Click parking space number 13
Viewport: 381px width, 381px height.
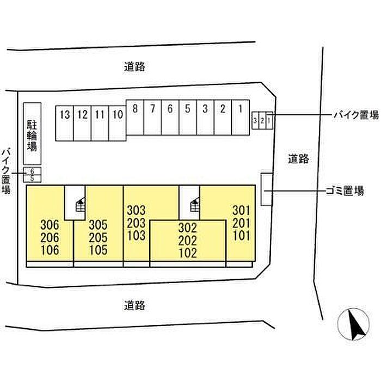pyautogui.click(x=65, y=123)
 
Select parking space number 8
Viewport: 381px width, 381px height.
pyautogui.click(x=135, y=117)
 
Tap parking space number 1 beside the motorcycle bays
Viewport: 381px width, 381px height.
pyautogui.click(x=241, y=117)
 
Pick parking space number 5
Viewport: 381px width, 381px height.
pyautogui.click(x=188, y=117)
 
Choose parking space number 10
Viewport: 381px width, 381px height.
pyautogui.click(x=118, y=123)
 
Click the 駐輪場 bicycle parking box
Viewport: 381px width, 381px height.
pyautogui.click(x=32, y=134)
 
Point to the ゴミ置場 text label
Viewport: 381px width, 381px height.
pyautogui.click(x=345, y=191)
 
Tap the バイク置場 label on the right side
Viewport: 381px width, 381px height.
pyautogui.click(x=357, y=114)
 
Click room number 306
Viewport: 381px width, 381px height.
pyautogui.click(x=50, y=225)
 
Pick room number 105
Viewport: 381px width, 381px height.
pyautogui.click(x=98, y=250)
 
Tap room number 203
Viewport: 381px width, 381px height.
pyautogui.click(x=136, y=223)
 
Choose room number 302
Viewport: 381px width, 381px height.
pyautogui.click(x=188, y=228)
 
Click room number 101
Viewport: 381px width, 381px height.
pyautogui.click(x=241, y=236)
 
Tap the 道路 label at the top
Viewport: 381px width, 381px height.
pyautogui.click(x=134, y=66)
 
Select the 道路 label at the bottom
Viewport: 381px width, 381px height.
pyautogui.click(x=134, y=305)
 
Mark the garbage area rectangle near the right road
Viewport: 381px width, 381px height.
pyautogui.click(x=267, y=189)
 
